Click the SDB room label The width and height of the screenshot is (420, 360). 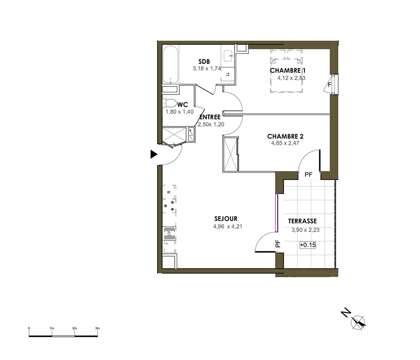point(204,62)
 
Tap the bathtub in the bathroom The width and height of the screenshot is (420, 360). point(171,65)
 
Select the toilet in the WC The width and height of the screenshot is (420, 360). point(169,103)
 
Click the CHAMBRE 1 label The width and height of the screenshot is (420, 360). point(288,71)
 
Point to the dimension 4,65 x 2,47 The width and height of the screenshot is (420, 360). point(285,143)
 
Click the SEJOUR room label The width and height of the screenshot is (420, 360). point(226,219)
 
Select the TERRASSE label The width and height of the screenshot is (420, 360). point(302,221)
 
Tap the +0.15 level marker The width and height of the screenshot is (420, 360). point(308,245)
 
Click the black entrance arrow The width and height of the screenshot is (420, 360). point(153,154)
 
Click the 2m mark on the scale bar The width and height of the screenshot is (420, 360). point(74,328)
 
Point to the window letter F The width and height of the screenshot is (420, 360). point(329,85)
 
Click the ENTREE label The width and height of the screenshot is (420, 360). point(210,117)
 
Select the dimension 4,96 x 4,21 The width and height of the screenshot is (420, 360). point(228,226)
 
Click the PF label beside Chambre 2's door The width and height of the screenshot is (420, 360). point(309,175)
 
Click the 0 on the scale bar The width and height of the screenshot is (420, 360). point(29,328)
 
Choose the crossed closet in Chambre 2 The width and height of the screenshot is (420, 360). point(230,153)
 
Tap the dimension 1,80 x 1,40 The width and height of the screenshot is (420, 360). point(179,112)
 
